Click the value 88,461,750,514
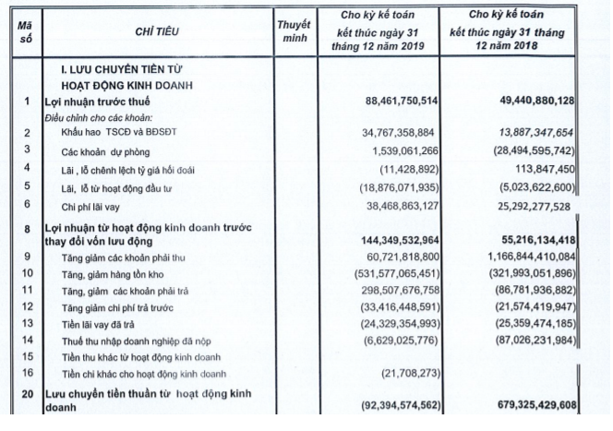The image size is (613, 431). tap(391, 100)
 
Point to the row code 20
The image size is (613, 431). tap(28, 395)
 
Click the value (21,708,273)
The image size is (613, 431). tap(416, 372)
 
